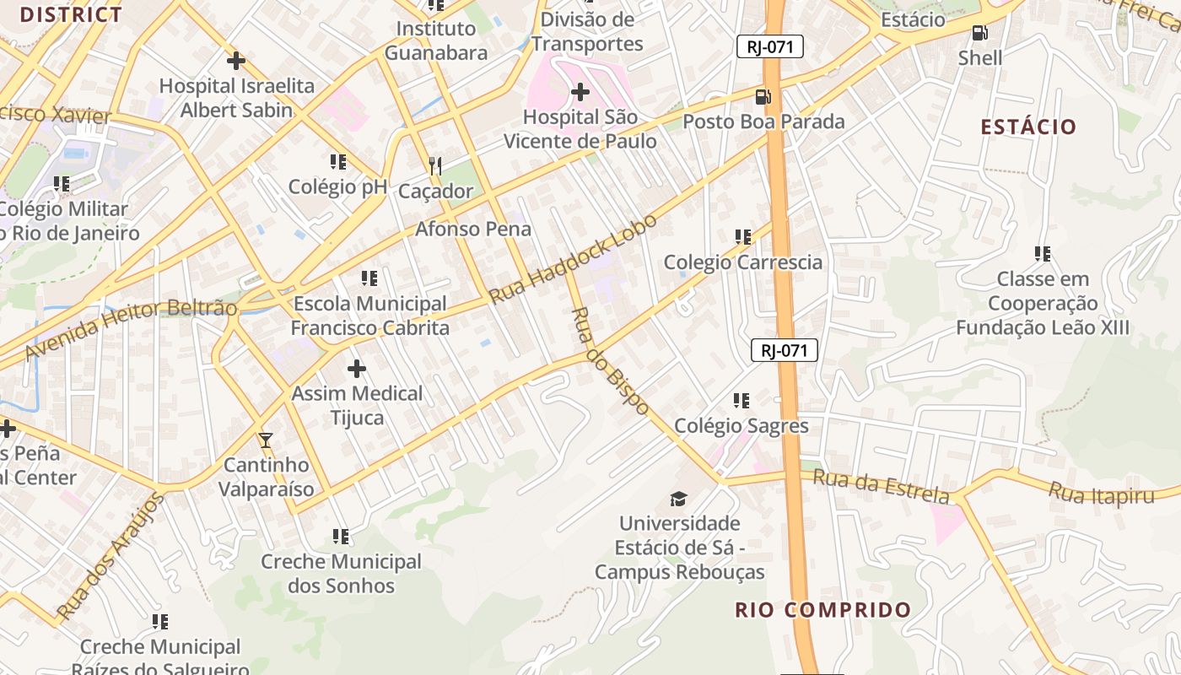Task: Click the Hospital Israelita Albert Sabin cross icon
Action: click(236, 61)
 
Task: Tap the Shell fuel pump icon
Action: click(979, 33)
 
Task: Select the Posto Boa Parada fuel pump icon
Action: click(763, 96)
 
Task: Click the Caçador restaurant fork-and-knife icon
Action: click(435, 165)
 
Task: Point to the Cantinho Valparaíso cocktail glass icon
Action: click(266, 440)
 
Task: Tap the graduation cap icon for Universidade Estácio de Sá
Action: click(679, 499)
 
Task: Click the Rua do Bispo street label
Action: click(610, 361)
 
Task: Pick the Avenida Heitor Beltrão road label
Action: click(131, 328)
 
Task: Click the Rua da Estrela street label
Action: click(881, 486)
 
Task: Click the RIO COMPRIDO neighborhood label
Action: click(822, 610)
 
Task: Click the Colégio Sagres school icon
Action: click(741, 401)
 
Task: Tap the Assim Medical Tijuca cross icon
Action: click(357, 369)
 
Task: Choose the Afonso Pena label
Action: click(472, 229)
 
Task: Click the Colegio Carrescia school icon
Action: click(743, 237)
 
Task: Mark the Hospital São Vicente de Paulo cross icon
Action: click(580, 92)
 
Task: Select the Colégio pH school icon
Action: click(338, 162)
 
